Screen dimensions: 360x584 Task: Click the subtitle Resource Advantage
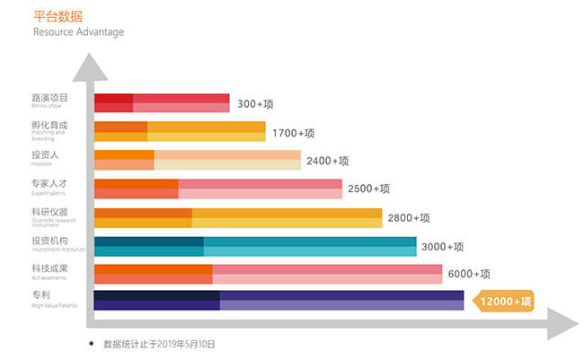[78, 32]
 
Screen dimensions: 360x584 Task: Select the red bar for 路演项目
[162, 103]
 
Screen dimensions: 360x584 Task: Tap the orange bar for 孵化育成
[180, 131]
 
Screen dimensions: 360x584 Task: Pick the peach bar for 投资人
[198, 160]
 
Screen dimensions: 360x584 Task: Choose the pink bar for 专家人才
[218, 189]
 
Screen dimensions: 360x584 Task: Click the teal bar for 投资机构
[255, 246]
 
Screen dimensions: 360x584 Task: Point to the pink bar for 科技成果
[268, 274]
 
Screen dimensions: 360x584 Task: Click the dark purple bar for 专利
[279, 300]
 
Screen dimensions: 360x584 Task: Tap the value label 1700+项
[294, 133]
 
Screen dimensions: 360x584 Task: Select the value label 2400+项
[327, 161]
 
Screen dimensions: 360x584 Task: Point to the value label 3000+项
[443, 247]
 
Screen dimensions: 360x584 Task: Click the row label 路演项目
[49, 97]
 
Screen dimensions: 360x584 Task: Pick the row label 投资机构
[49, 241]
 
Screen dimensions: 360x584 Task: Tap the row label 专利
[40, 295]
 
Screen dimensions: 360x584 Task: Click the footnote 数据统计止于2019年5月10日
[159, 344]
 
